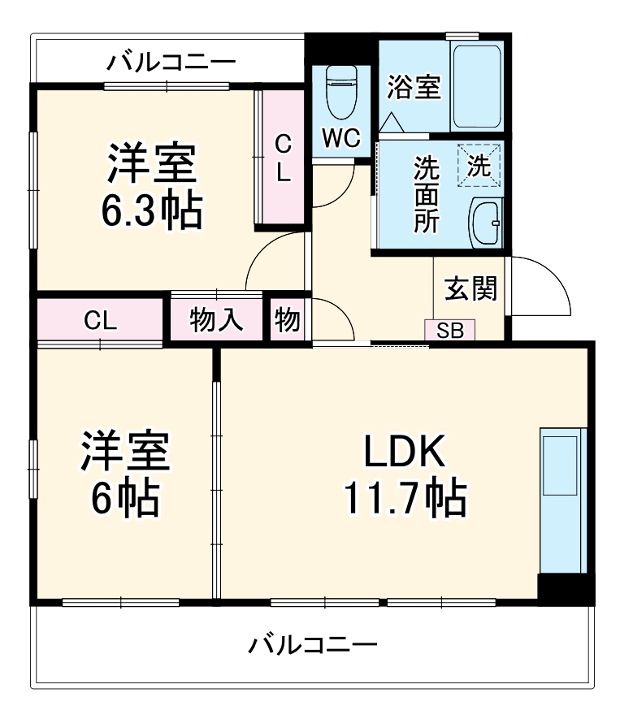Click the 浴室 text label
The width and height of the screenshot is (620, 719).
(414, 87)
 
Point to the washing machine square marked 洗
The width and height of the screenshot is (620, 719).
(479, 166)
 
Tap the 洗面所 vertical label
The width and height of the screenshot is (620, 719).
(426, 195)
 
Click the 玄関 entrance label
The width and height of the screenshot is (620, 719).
(470, 288)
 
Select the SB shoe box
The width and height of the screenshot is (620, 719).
(449, 331)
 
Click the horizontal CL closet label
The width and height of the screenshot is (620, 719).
(101, 320)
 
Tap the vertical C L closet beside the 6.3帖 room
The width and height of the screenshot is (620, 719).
(281, 158)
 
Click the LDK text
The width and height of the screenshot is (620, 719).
(404, 452)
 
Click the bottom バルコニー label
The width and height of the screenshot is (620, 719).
(313, 646)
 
